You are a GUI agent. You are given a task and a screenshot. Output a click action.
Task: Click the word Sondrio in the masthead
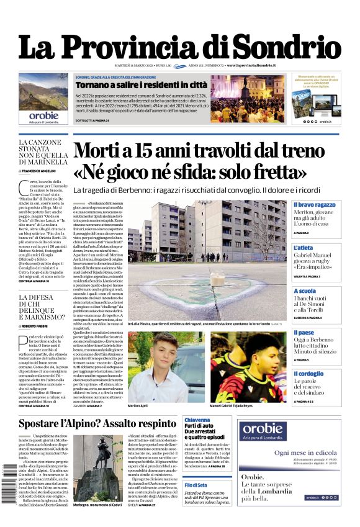pyautogui.click(x=289, y=48)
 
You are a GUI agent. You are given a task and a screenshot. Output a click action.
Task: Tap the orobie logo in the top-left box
pyautogui.click(x=43, y=115)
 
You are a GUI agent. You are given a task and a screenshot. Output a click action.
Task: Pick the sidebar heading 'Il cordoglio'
pyautogui.click(x=308, y=374)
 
